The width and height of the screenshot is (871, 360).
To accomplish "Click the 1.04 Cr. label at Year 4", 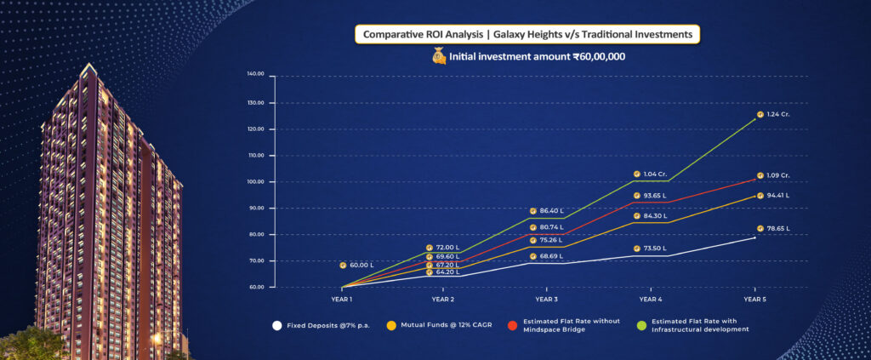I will [655, 174].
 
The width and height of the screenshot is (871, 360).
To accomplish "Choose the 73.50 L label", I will [655, 249].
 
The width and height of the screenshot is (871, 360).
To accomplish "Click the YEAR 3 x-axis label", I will [547, 299].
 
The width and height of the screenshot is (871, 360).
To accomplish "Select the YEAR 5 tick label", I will [754, 299].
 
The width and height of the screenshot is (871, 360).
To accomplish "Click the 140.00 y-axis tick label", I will [255, 76].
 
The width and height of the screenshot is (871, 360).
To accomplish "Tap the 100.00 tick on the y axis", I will [255, 181].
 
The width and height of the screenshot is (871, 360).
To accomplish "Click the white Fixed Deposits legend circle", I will [276, 325].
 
